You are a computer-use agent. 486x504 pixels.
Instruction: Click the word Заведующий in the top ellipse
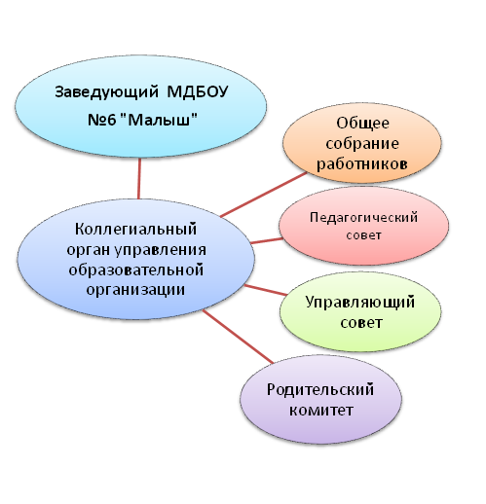click(x=106, y=93)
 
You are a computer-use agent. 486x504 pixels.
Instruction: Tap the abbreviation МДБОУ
click(x=198, y=91)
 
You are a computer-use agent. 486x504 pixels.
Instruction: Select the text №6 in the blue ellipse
click(x=102, y=120)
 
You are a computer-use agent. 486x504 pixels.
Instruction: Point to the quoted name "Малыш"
click(x=159, y=120)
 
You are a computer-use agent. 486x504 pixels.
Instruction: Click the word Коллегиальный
click(x=135, y=230)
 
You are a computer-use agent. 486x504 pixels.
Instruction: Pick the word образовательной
click(x=136, y=270)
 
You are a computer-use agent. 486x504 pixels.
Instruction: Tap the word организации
click(x=135, y=290)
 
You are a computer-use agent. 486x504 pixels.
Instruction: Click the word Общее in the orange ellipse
click(x=362, y=124)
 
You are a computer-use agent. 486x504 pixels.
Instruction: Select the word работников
click(x=362, y=164)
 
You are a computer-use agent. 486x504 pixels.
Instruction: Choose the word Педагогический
click(x=363, y=217)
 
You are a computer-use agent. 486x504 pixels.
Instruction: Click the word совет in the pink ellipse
click(x=363, y=235)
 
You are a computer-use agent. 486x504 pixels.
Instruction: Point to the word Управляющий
click(x=360, y=303)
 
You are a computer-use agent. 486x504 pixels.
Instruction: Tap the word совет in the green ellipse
click(x=361, y=323)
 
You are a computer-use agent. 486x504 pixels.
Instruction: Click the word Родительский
click(x=320, y=390)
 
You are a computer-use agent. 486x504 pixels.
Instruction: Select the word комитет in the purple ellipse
click(x=320, y=411)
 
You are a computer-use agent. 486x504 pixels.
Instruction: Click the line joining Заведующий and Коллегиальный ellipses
click(x=139, y=178)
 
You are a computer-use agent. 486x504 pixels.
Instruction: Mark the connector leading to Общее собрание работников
click(x=264, y=195)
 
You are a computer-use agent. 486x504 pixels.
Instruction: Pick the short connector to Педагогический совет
click(x=267, y=240)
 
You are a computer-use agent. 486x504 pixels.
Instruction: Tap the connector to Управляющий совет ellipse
click(x=266, y=290)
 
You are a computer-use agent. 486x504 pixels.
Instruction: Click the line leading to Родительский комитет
click(x=238, y=337)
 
